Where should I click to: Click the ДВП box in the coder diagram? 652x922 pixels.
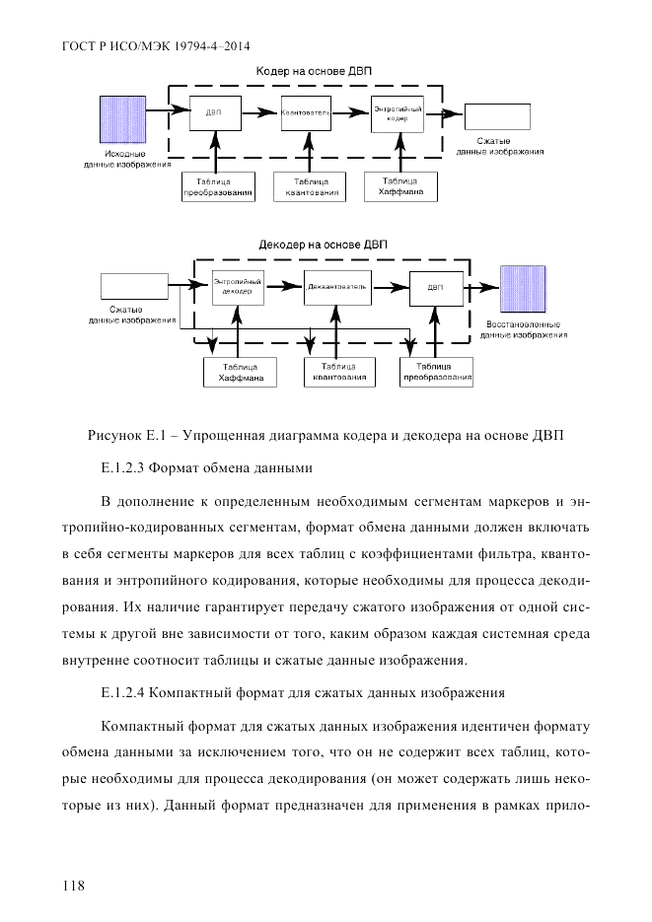pos(213,114)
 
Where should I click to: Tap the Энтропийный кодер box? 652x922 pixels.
pos(398,114)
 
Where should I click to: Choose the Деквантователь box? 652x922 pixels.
pos(336,287)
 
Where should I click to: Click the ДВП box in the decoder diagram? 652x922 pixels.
pos(435,287)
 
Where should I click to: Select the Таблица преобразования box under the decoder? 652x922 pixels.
pos(437,372)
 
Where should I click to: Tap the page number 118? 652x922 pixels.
pos(73,886)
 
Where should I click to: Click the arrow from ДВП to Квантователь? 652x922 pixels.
pos(257,114)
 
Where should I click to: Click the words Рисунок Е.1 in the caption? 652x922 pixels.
pos(127,435)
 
